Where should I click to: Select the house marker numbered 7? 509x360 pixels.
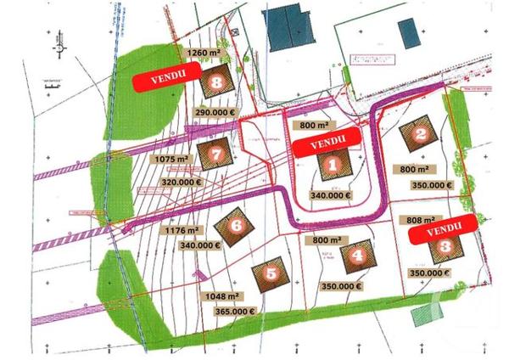click(215, 155)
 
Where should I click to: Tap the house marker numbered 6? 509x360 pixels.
click(236, 226)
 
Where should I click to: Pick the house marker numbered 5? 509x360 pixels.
click(271, 275)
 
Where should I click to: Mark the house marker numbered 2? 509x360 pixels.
click(419, 135)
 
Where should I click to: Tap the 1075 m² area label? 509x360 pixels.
click(170, 158)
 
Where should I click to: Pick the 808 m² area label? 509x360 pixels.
click(420, 220)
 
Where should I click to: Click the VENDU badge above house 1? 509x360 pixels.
click(327, 140)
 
